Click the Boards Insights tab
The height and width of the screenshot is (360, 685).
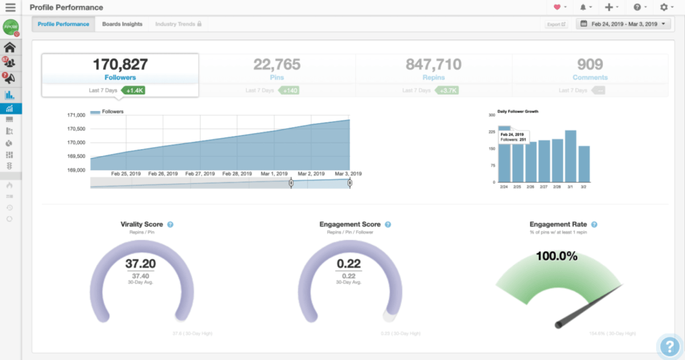[122, 24]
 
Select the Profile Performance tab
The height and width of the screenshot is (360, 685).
[64, 24]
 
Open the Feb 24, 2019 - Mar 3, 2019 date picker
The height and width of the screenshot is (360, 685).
[624, 24]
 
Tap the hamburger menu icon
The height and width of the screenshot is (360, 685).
[11, 7]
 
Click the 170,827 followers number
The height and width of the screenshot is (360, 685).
[120, 65]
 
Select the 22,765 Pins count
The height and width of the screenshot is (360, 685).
[277, 65]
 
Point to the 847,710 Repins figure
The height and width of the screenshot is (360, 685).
[433, 65]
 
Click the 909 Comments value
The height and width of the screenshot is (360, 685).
[590, 65]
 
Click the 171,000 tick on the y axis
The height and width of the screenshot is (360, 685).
[76, 115]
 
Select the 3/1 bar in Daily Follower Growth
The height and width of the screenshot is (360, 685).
[571, 156]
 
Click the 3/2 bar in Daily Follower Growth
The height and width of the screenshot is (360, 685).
[584, 164]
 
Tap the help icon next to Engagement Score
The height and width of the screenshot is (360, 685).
[388, 225]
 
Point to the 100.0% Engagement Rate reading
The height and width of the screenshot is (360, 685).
[557, 256]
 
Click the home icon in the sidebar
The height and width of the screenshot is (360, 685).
[10, 48]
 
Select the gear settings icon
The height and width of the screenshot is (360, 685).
[664, 7]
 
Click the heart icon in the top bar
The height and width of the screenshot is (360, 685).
[557, 7]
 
